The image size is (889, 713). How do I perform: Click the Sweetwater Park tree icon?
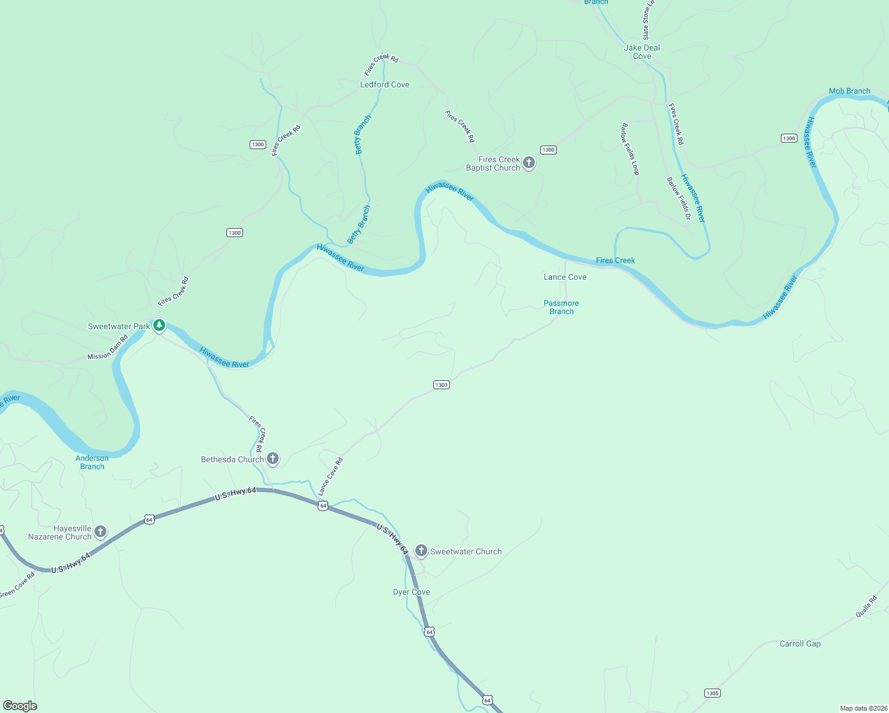(159, 325)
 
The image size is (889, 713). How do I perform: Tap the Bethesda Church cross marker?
(273, 458)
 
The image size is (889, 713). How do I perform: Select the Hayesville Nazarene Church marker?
(100, 531)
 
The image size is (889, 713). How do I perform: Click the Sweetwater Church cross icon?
(421, 551)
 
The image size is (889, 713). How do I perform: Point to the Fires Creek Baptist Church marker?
(528, 162)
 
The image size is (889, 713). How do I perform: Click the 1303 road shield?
(441, 385)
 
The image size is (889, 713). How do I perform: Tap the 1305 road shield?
(712, 693)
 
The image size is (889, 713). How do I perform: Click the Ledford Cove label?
(384, 84)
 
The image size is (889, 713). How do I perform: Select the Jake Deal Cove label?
(642, 52)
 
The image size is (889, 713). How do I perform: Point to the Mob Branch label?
(849, 91)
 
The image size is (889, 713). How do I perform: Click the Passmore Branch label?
(561, 307)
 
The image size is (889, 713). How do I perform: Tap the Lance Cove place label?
(565, 277)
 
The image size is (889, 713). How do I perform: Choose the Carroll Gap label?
(800, 643)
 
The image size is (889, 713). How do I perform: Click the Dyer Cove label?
(411, 592)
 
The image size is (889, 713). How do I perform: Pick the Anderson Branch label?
(92, 462)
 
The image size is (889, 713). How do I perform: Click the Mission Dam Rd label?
(108, 348)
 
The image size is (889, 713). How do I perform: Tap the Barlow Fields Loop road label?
(630, 149)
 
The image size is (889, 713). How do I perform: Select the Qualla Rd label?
(866, 607)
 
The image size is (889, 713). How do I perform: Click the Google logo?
(20, 705)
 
